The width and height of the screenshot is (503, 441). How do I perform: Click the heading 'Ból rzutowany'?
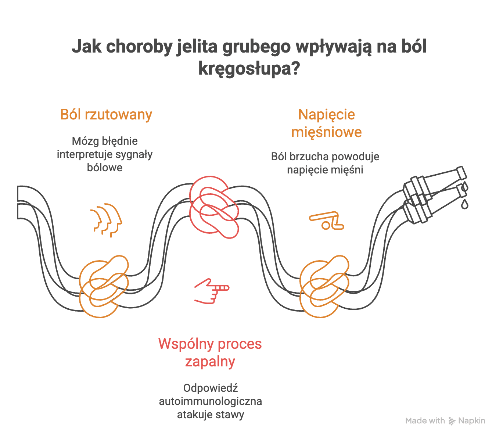(106, 115)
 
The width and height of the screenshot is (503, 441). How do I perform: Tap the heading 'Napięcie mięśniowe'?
(326, 123)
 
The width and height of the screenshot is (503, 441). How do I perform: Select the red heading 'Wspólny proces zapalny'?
(210, 353)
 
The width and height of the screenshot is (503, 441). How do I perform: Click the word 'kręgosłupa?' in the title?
(249, 68)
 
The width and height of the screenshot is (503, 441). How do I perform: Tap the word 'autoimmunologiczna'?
(210, 401)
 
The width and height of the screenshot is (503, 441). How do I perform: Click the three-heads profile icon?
(106, 220)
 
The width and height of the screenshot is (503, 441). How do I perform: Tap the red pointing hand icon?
(211, 291)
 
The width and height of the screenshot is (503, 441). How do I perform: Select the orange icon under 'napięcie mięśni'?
(327, 221)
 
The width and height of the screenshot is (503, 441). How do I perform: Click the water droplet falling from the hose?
(465, 204)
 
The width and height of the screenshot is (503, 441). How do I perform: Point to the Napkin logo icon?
(452, 421)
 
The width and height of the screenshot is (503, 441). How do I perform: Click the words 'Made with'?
(425, 421)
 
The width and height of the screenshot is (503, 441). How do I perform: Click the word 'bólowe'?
(105, 168)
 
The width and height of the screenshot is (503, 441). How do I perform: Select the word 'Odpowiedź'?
(211, 388)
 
